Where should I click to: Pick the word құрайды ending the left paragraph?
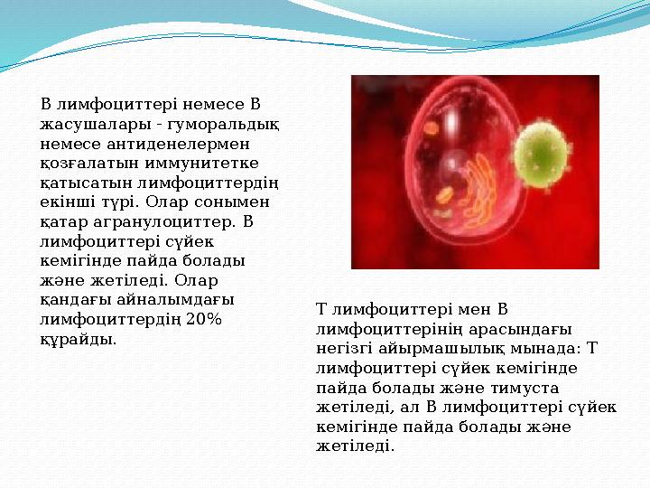coord(78,339)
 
